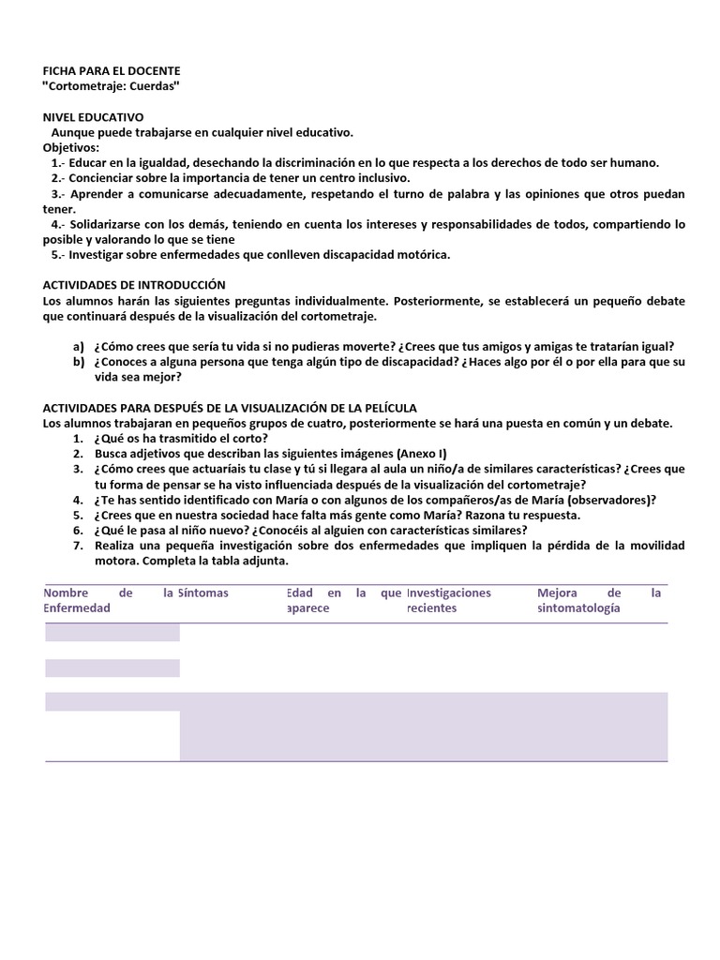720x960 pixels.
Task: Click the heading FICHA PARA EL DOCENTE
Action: pyautogui.click(x=112, y=71)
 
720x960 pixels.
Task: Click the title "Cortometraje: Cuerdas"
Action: pyautogui.click(x=112, y=86)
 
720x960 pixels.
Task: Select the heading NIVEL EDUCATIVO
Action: pyautogui.click(x=94, y=117)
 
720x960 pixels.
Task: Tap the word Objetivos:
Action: pyautogui.click(x=70, y=147)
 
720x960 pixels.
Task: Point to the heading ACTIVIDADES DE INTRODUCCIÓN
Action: pyautogui.click(x=135, y=285)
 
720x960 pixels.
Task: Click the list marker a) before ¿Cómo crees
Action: pyautogui.click(x=79, y=346)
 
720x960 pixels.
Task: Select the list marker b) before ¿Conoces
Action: pyautogui.click(x=79, y=362)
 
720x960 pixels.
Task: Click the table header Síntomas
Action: pyautogui.click(x=203, y=593)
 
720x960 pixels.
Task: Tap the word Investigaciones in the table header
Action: pyautogui.click(x=449, y=593)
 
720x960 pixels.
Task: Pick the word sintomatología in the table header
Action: pyautogui.click(x=578, y=608)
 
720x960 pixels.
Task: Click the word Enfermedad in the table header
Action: pyautogui.click(x=77, y=608)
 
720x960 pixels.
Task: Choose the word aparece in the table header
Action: pyautogui.click(x=308, y=608)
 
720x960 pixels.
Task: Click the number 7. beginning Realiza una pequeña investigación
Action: pyautogui.click(x=78, y=546)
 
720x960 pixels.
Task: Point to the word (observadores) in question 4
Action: pyautogui.click(x=607, y=500)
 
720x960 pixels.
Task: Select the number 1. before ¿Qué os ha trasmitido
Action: pyautogui.click(x=78, y=439)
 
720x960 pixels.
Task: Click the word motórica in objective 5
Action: pyautogui.click(x=423, y=255)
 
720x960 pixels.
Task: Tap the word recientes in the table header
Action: pyautogui.click(x=431, y=608)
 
